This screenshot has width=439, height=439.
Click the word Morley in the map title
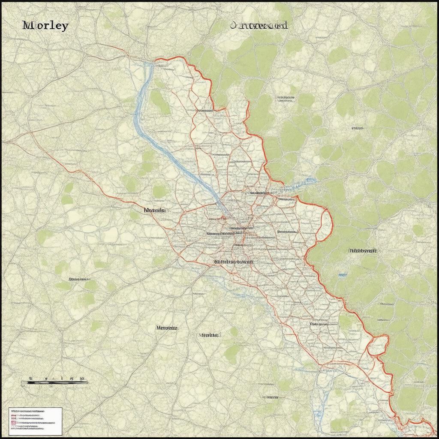point(45,25)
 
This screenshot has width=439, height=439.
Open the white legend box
point(36,418)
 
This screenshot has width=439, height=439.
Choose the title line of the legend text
point(28,412)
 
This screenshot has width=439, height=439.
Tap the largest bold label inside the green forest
point(363,250)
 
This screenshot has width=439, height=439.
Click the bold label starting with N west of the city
point(155,210)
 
